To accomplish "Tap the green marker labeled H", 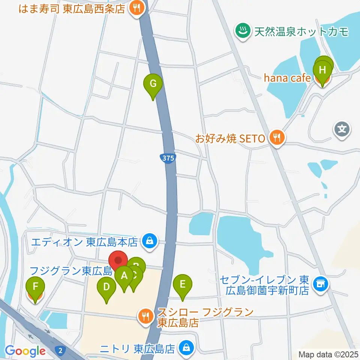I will [322, 70].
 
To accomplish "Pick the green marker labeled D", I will [106, 288].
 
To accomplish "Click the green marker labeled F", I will [35, 288].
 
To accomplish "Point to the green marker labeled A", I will [124, 277].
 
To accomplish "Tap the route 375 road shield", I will [168, 158].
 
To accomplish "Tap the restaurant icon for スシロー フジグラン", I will [145, 316].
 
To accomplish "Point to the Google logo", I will [25, 351].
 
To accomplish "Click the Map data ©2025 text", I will [328, 354].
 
